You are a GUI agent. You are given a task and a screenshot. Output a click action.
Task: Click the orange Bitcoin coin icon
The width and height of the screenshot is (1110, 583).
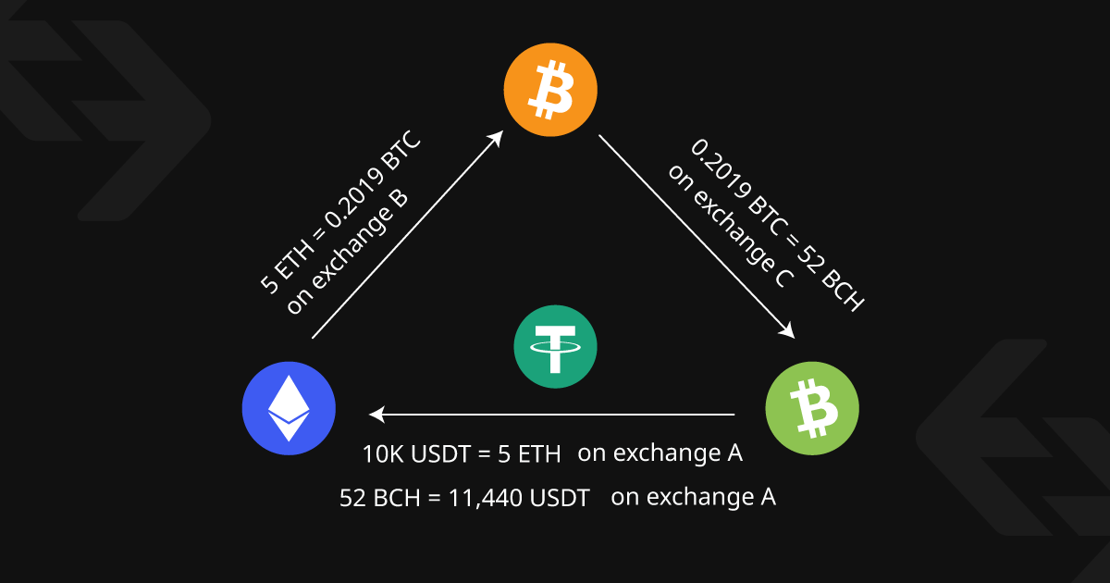click(x=550, y=90)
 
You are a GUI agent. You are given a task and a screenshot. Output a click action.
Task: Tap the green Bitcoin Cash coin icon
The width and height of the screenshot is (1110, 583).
click(x=812, y=408)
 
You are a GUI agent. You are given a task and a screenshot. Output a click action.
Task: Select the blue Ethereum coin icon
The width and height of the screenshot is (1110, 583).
click(x=289, y=408)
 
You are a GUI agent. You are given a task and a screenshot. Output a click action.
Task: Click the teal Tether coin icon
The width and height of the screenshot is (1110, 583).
click(x=556, y=346)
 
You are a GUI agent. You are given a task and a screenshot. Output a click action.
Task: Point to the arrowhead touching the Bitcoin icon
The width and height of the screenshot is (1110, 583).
click(x=496, y=138)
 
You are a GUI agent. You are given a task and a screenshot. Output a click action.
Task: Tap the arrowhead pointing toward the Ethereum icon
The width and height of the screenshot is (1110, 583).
click(x=377, y=415)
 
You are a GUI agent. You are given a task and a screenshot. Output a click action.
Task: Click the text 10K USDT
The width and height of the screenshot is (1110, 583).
click(x=416, y=454)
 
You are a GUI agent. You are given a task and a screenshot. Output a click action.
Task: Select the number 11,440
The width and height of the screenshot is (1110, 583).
click(x=487, y=498)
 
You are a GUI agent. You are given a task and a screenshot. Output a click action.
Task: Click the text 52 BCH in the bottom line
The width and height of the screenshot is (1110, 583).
click(x=380, y=498)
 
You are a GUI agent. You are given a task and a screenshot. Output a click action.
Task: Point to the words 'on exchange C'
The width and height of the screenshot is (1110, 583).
click(x=731, y=226)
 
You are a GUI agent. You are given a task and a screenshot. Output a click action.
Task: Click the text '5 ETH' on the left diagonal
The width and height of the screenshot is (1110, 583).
click(x=288, y=267)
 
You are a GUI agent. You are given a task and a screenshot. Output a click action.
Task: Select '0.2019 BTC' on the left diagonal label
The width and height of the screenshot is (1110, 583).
click(x=373, y=180)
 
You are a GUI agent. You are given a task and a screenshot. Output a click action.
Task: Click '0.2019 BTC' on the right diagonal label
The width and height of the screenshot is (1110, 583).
click(x=738, y=188)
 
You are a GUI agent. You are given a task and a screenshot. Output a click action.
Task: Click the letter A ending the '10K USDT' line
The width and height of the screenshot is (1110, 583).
click(x=735, y=453)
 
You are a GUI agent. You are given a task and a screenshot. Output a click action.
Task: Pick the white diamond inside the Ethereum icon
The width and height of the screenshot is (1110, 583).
click(x=289, y=408)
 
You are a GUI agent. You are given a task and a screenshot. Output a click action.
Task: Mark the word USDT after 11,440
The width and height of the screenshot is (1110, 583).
click(x=560, y=498)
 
